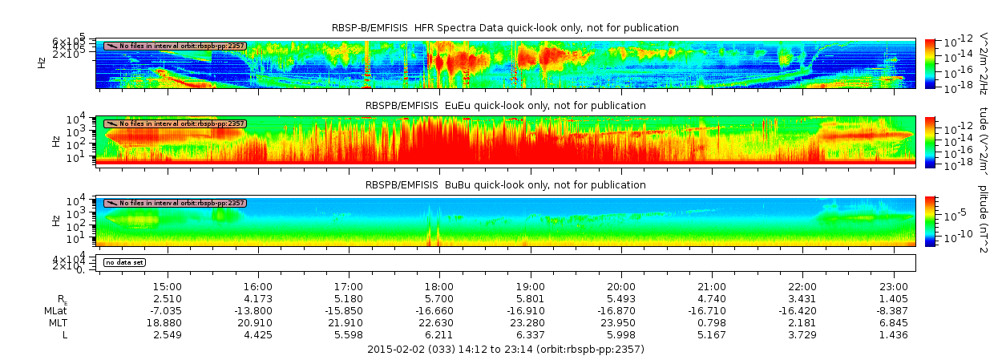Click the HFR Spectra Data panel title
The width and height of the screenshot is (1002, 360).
pyautogui.click(x=505, y=28)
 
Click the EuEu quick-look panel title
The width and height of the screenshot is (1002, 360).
pyautogui.click(x=505, y=106)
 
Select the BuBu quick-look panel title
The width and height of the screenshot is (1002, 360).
pyautogui.click(x=505, y=184)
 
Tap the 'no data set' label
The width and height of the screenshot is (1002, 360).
pyautogui.click(x=124, y=262)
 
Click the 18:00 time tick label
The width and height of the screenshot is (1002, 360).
pyautogui.click(x=439, y=286)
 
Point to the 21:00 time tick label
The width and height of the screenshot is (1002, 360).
pyautogui.click(x=712, y=286)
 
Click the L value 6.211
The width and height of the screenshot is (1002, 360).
pyautogui.click(x=439, y=334)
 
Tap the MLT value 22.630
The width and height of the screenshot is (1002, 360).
pyautogui.click(x=439, y=322)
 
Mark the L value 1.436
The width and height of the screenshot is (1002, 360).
pyautogui.click(x=894, y=334)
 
